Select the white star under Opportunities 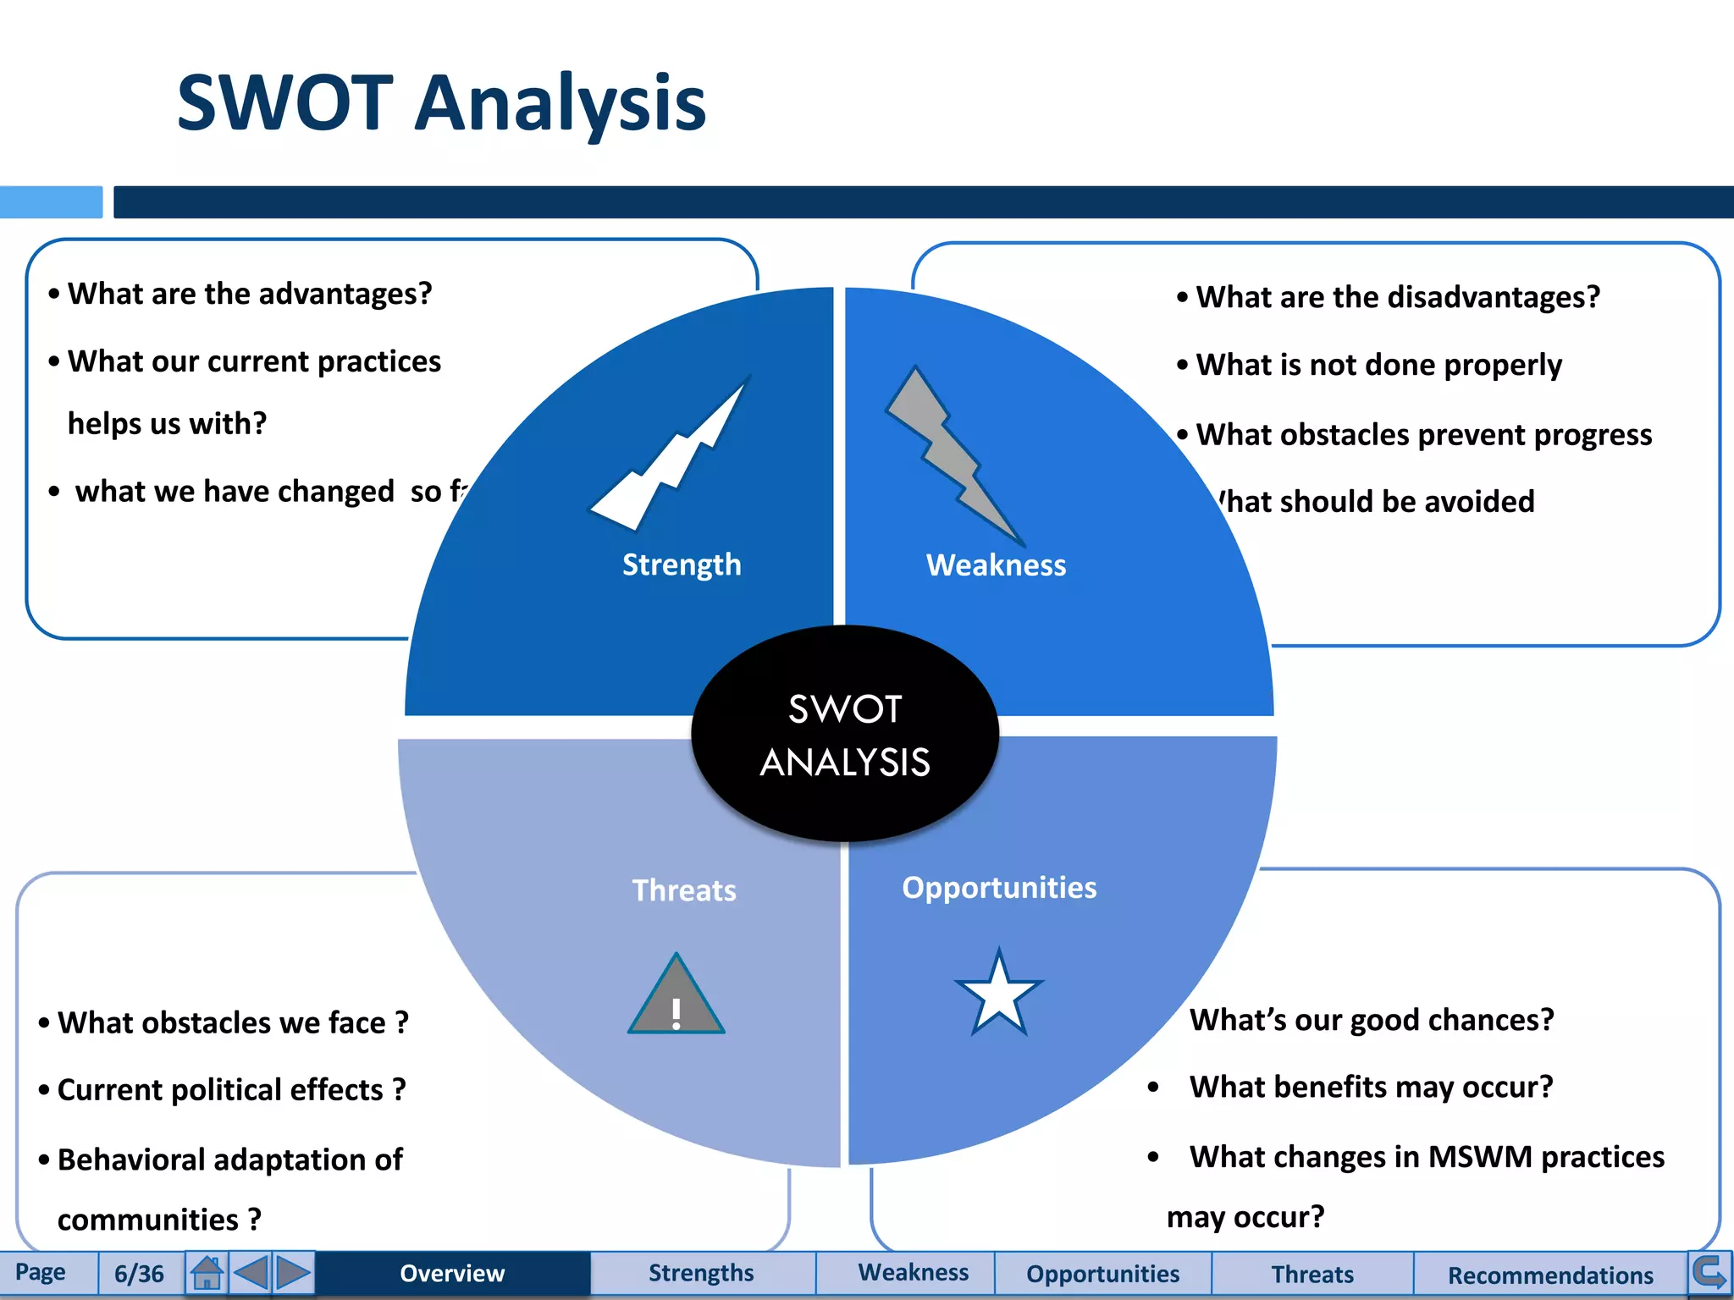(x=999, y=993)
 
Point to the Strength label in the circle (x=682, y=565)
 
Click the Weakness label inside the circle (x=996, y=565)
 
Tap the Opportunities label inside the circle (x=999, y=887)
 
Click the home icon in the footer (x=207, y=1272)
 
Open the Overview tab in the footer (x=452, y=1273)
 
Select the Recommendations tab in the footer (x=1549, y=1275)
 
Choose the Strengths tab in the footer (x=701, y=1273)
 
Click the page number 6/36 (x=139, y=1273)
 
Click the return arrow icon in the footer (x=1709, y=1271)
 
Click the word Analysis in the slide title (x=561, y=103)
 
